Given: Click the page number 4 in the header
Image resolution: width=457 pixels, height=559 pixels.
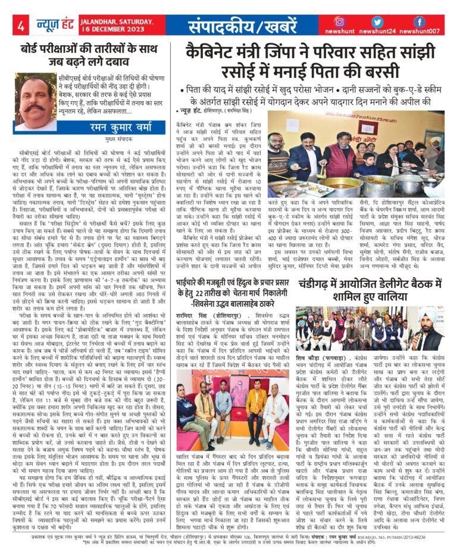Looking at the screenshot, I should pyautogui.click(x=21, y=26).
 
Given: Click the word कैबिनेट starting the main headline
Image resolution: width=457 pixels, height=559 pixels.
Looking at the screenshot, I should pyautogui.click(x=209, y=51).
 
